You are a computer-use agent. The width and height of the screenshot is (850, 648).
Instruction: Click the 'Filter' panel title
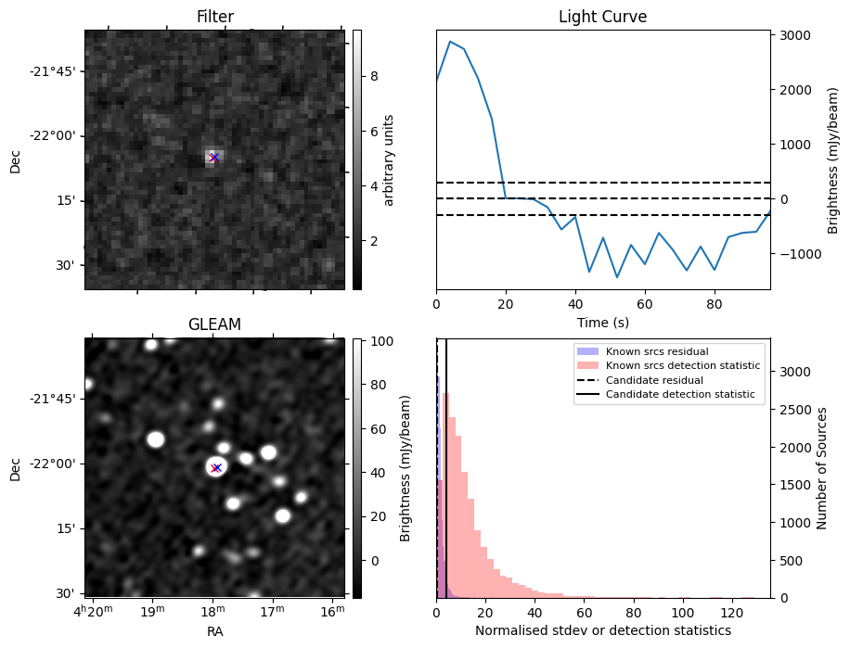tap(214, 17)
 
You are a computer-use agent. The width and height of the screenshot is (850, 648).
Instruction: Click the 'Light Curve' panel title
tap(602, 17)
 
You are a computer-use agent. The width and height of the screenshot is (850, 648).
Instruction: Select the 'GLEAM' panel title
tap(214, 324)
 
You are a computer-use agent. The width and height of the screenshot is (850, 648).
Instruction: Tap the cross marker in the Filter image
tap(214, 158)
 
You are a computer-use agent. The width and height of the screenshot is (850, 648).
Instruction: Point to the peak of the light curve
tap(450, 42)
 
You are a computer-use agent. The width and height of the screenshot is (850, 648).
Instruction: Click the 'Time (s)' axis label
tap(602, 321)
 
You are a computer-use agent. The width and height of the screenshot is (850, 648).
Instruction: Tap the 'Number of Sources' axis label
tap(820, 467)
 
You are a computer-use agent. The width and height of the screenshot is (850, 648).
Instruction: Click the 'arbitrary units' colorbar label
tap(389, 159)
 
